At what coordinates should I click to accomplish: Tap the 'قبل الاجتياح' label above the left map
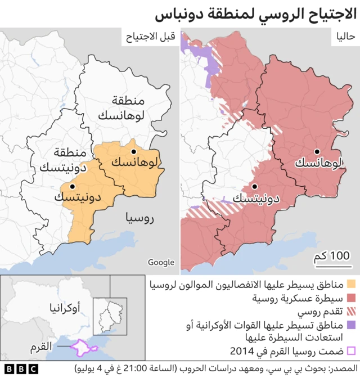(149, 38)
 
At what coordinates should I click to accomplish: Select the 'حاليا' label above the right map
(345, 38)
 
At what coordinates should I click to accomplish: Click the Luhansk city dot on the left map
(134, 152)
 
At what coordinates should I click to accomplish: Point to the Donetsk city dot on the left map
(72, 186)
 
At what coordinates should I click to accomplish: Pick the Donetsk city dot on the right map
(255, 186)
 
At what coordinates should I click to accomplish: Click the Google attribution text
(161, 262)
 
